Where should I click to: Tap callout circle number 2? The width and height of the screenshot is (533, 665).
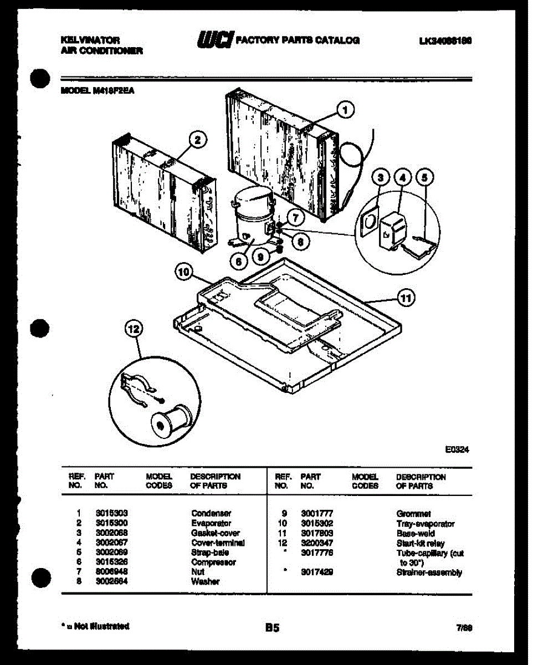[197, 140]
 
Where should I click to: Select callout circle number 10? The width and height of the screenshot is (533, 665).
[183, 272]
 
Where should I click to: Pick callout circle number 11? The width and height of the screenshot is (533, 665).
[406, 299]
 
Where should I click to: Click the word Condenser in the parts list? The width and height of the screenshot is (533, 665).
[211, 514]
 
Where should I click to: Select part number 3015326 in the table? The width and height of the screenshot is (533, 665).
[112, 562]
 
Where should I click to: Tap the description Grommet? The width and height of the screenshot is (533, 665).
[413, 514]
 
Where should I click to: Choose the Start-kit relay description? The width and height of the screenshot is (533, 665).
[420, 544]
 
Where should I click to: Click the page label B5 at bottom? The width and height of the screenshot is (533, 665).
[271, 628]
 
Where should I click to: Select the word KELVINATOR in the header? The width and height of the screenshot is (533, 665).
[89, 40]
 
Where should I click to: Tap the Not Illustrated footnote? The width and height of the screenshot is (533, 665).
[94, 626]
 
